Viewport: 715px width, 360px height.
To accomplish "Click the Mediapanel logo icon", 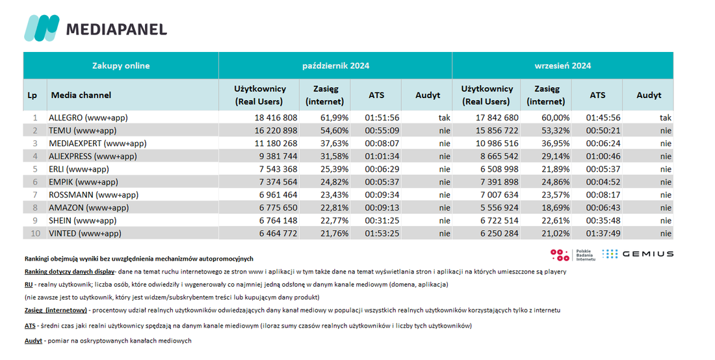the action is (x=42, y=28).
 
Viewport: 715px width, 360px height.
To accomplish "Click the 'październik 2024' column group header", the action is (x=335, y=66).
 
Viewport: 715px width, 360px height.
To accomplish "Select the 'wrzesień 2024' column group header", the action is (x=563, y=66).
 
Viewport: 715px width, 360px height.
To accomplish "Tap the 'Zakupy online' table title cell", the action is (x=121, y=66).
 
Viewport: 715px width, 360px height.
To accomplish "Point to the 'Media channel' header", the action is (x=81, y=96).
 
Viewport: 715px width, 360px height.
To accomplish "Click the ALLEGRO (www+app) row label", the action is (x=88, y=118).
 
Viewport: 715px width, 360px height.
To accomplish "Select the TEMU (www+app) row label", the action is (x=83, y=131).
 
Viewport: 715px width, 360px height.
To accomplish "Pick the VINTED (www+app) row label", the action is (x=85, y=233).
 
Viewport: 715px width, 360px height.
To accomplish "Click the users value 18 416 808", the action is (x=276, y=118).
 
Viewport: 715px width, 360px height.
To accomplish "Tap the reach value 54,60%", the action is (x=334, y=131).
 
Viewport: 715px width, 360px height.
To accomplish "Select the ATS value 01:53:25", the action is (x=382, y=233).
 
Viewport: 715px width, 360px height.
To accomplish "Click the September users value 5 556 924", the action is (x=500, y=207).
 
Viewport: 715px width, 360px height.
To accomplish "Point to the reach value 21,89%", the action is (x=555, y=169).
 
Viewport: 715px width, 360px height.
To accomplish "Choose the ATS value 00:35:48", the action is (x=603, y=220).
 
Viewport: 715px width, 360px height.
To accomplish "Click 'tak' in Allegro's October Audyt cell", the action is (x=445, y=118).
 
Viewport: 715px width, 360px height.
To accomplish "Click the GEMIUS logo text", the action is (x=648, y=254).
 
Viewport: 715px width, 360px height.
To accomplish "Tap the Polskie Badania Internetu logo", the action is (x=573, y=255).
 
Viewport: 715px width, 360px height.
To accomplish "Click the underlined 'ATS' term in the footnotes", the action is (x=30, y=326).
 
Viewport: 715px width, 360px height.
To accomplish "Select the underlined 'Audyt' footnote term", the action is (x=33, y=341).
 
